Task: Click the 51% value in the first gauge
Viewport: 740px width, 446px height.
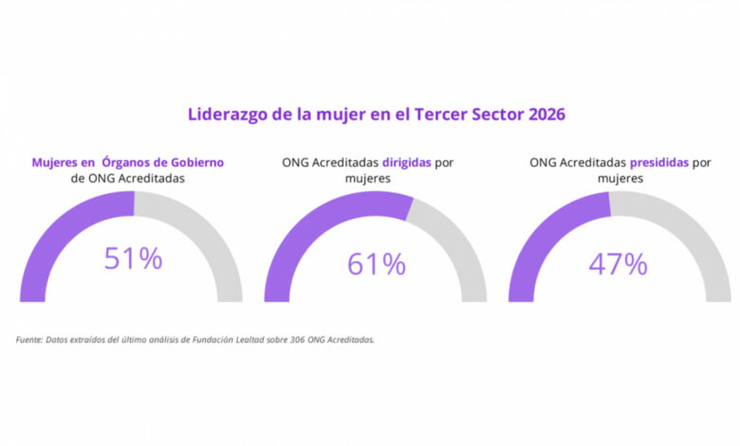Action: point(132,259)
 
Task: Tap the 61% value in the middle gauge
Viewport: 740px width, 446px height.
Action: point(376,263)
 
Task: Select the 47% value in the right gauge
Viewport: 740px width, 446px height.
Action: point(618,263)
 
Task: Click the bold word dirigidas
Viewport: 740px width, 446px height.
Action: point(402,162)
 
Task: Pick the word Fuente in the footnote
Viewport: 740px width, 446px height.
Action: point(28,340)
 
